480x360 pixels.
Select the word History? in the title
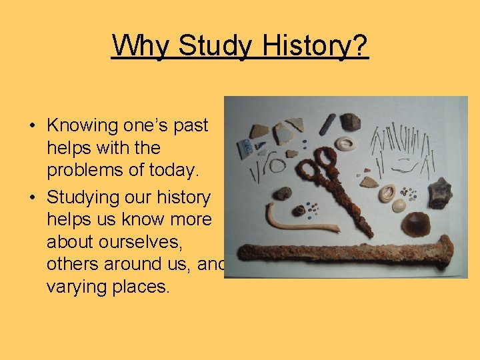(314, 45)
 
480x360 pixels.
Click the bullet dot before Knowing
(32, 125)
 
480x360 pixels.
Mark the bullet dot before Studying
(32, 197)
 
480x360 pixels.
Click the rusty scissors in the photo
(333, 187)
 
